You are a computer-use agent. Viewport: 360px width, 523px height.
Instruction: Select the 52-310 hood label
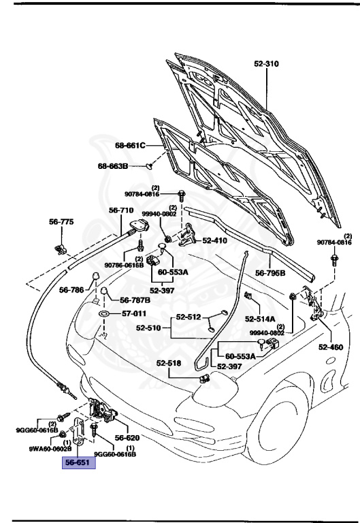coord(267,63)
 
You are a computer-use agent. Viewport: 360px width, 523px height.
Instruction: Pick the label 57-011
coord(134,314)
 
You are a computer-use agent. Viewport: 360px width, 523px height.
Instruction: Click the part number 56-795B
coord(270,273)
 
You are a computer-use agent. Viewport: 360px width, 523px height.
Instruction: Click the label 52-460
coord(331,347)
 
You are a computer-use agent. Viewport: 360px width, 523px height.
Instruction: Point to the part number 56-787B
coord(136,300)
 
